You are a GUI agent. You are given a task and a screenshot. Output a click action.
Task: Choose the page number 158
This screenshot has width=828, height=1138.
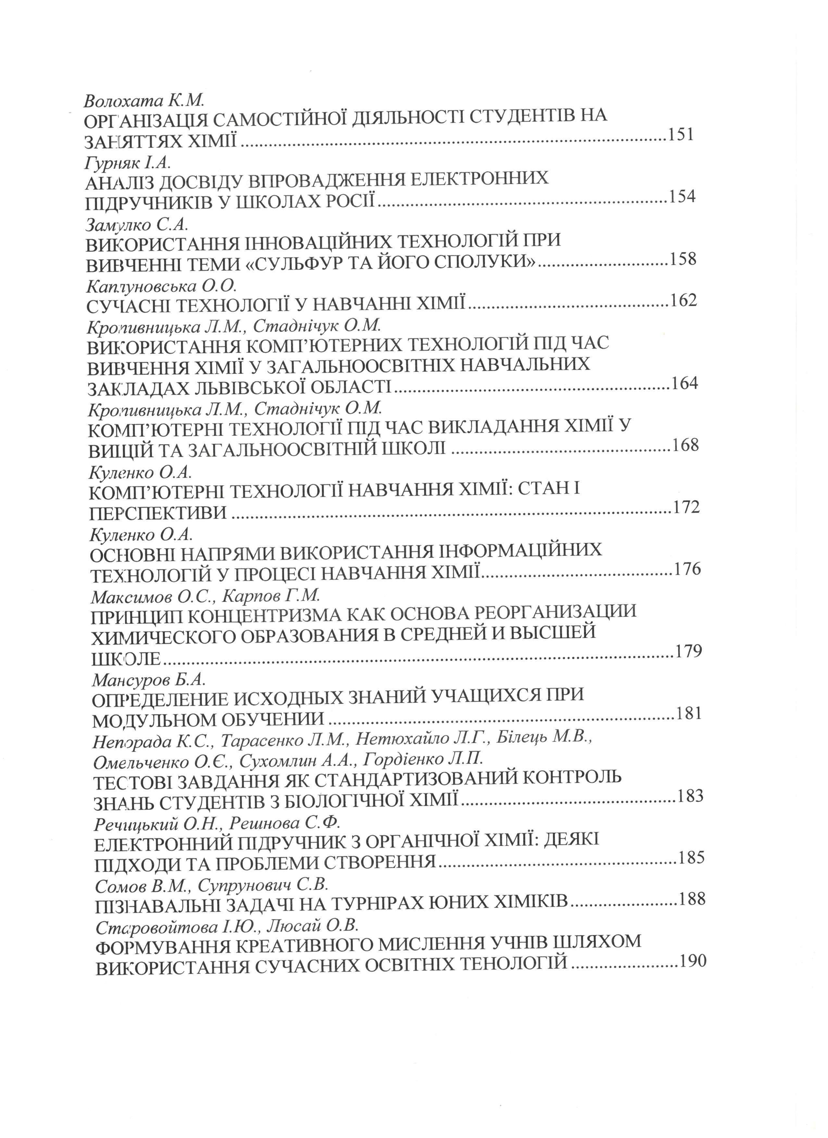(684, 259)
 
